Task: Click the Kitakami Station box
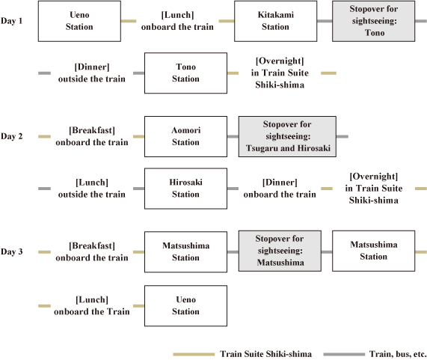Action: [276, 21]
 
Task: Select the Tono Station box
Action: [185, 73]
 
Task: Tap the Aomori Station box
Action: [185, 136]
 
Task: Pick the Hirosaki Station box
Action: [185, 189]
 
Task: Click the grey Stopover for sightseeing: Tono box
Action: [374, 21]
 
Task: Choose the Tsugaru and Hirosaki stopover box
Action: [287, 136]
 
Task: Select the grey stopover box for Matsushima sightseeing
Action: [280, 251]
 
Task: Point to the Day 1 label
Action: [11, 21]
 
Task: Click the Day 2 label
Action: [11, 136]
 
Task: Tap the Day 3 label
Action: [11, 251]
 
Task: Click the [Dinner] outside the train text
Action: [92, 73]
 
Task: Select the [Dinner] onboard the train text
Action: [280, 189]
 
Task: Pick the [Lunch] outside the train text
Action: [92, 189]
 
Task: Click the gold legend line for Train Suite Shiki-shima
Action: [194, 354]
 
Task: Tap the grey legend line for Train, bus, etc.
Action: [344, 354]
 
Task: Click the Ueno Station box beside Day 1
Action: [79, 21]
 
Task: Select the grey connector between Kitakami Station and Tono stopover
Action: [325, 21]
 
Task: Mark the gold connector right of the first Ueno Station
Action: [129, 21]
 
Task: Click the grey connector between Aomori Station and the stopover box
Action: [233, 136]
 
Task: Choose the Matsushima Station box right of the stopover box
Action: [374, 251]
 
